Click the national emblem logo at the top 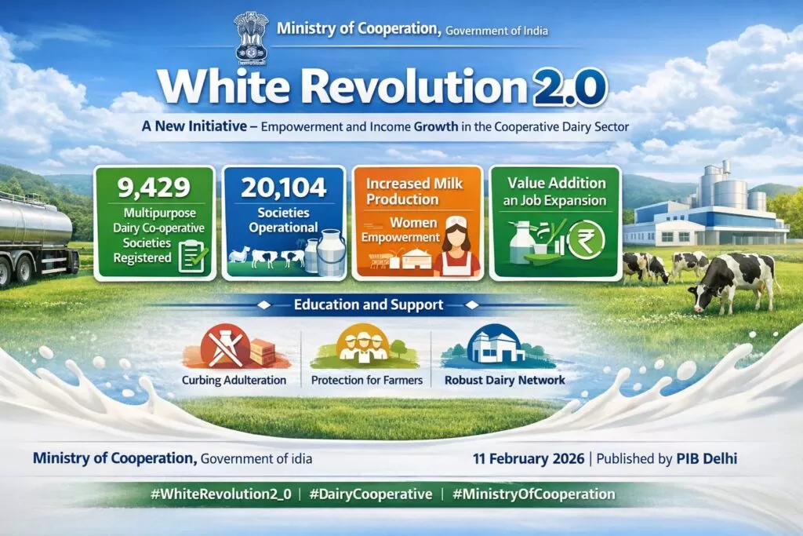[x=251, y=37]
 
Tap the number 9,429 [x=154, y=188]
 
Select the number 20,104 [x=284, y=188]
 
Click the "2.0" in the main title [x=570, y=87]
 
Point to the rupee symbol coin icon [x=585, y=240]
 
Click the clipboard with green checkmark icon [x=193, y=256]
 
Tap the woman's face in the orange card [x=456, y=238]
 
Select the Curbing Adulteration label [x=234, y=380]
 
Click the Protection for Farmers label [x=367, y=380]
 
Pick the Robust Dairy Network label [x=504, y=380]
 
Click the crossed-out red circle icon [x=225, y=347]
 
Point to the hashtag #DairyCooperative [x=371, y=494]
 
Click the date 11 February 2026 [x=528, y=458]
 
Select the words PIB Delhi [x=707, y=458]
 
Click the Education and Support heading [x=369, y=305]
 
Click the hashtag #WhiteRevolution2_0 [x=220, y=494]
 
